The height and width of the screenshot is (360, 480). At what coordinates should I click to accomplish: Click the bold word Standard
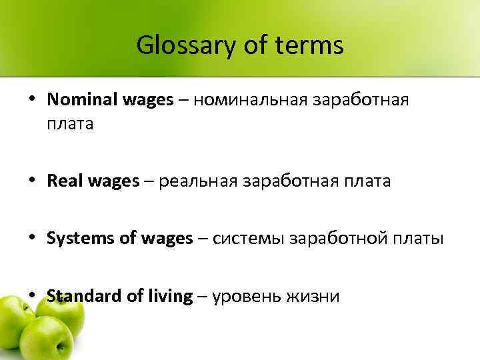81,296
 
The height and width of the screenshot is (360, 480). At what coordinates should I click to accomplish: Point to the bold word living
166,296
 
